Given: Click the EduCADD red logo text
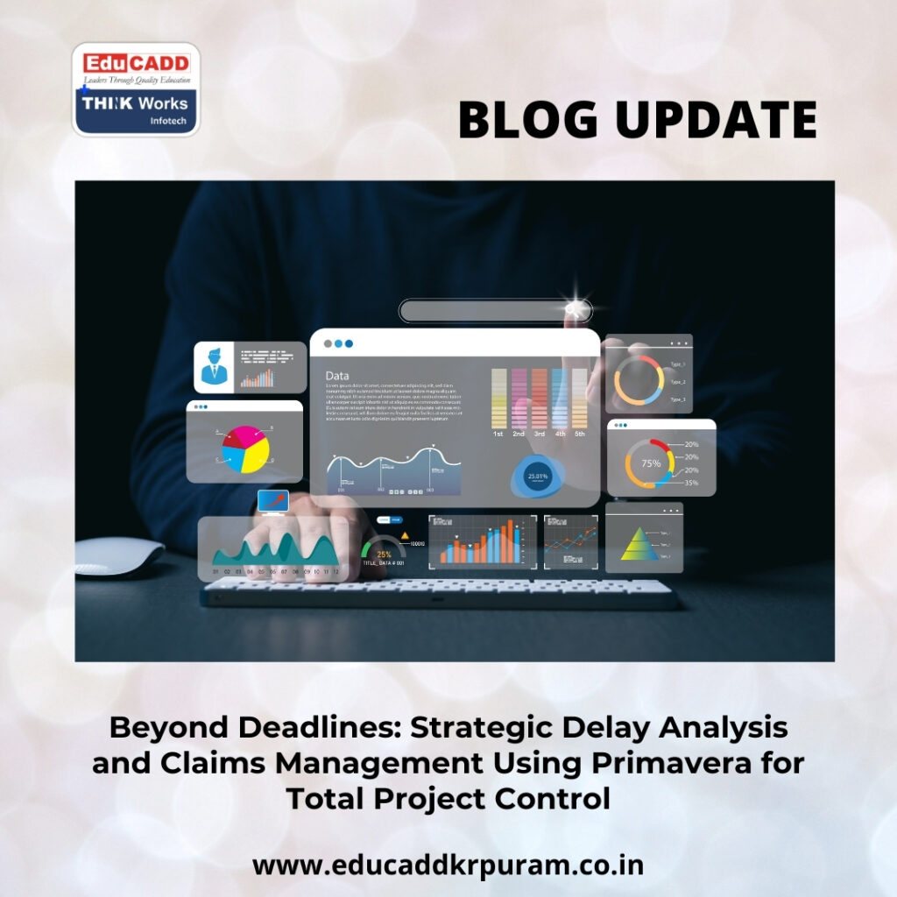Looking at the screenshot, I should click(136, 64).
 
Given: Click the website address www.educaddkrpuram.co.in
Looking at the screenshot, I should click(448, 865).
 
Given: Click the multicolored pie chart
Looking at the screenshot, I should click(244, 448).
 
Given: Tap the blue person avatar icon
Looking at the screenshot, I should click(213, 367).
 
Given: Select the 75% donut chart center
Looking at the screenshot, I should click(651, 463).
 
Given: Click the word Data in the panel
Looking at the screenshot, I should click(337, 376).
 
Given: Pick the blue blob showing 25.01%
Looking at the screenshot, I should click(536, 477).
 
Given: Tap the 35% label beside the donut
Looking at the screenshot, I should click(691, 483).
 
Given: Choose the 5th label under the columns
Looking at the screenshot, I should click(580, 434).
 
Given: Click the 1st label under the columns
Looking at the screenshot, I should click(498, 434).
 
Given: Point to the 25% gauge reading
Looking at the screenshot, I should click(384, 554).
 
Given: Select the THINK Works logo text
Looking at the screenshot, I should click(135, 103).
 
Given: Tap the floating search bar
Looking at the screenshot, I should click(495, 310).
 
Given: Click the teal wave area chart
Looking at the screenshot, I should click(273, 550).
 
